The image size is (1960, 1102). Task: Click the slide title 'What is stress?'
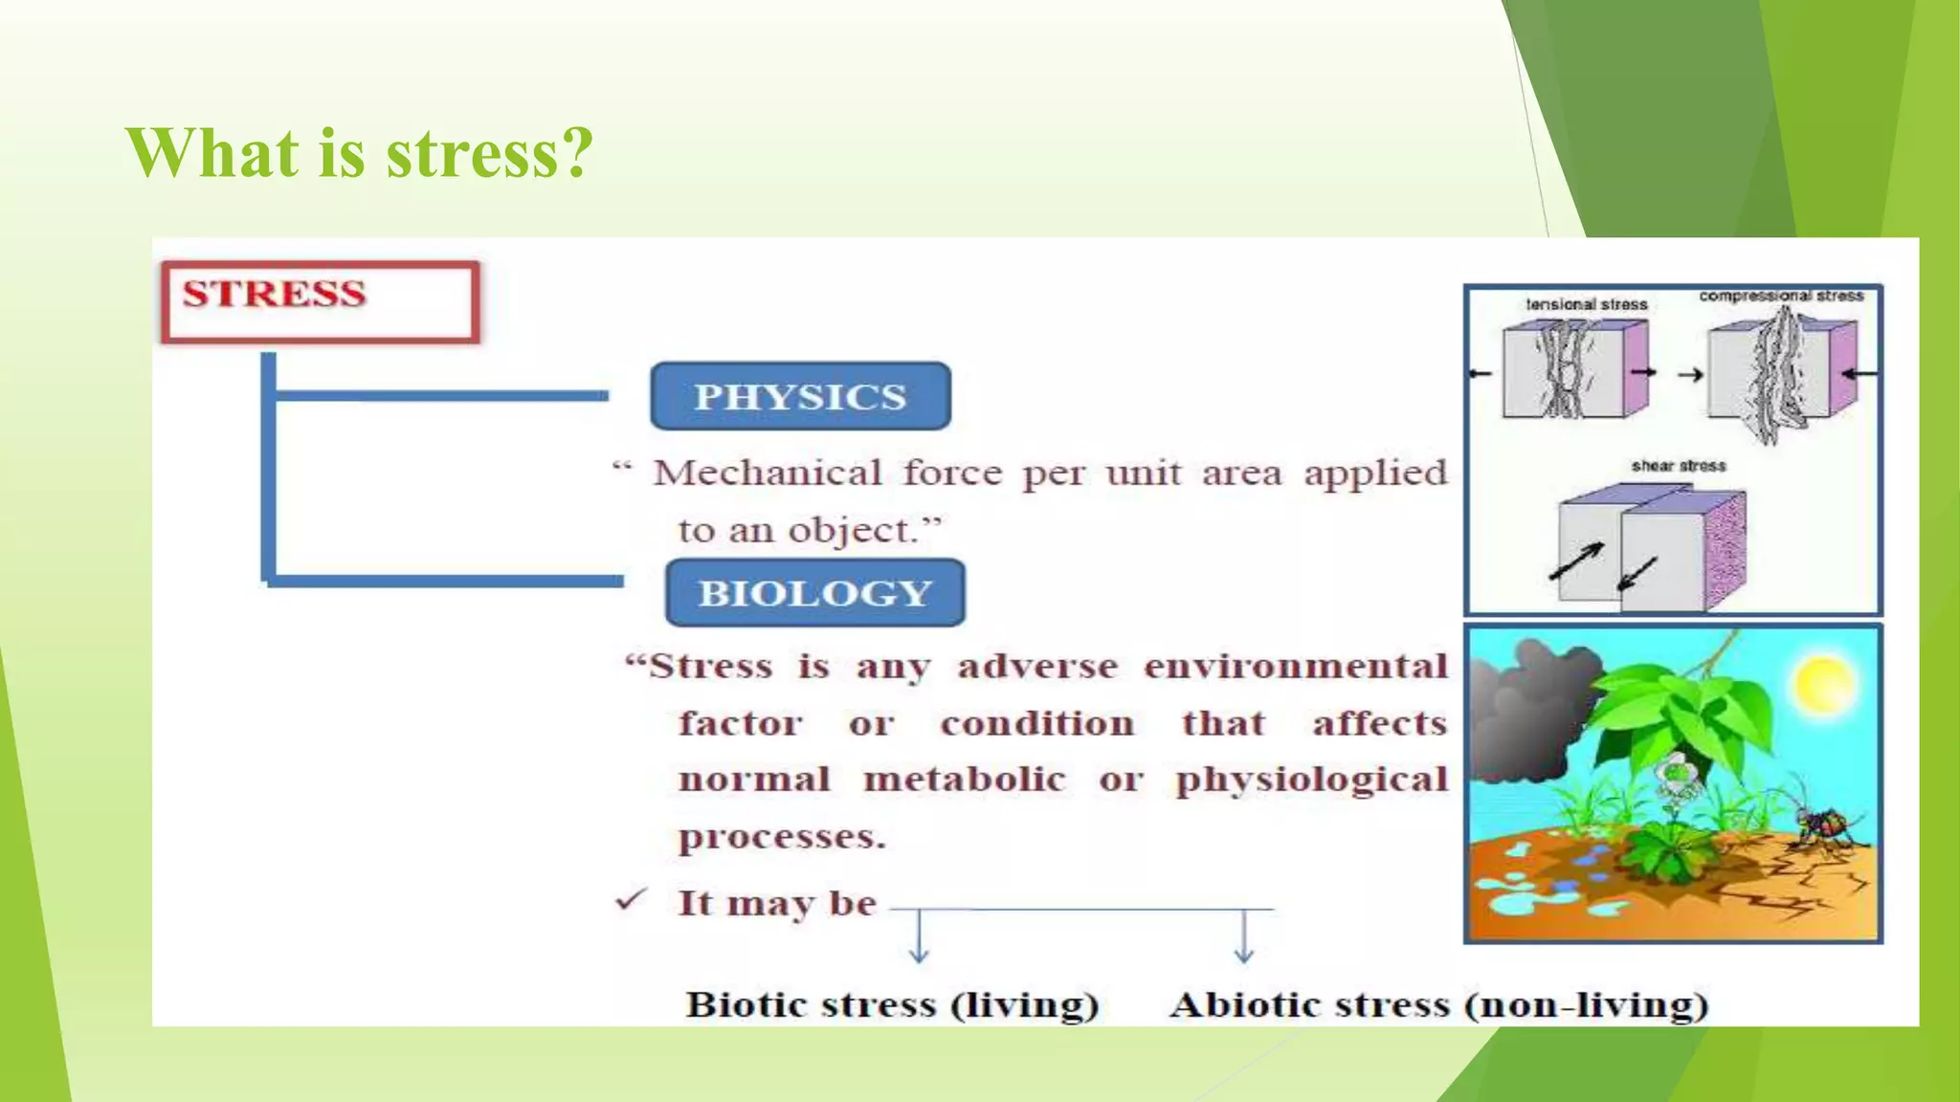359,153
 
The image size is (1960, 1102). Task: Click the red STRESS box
320,300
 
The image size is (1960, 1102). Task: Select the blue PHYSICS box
800,396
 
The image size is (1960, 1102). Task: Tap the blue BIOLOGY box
814,593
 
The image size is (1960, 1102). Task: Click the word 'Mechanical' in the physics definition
768,473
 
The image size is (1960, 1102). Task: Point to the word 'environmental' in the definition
1296,666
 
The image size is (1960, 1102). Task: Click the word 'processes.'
782,837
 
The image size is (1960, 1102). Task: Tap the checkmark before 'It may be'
632,899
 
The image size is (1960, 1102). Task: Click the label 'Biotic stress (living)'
892,1004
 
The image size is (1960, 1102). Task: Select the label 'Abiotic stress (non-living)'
1438,1004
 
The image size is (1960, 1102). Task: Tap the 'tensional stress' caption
1586,304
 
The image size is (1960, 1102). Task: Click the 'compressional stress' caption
1781,296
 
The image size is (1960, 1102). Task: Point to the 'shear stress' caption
1679,466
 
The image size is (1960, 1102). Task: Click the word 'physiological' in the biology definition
1311,781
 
